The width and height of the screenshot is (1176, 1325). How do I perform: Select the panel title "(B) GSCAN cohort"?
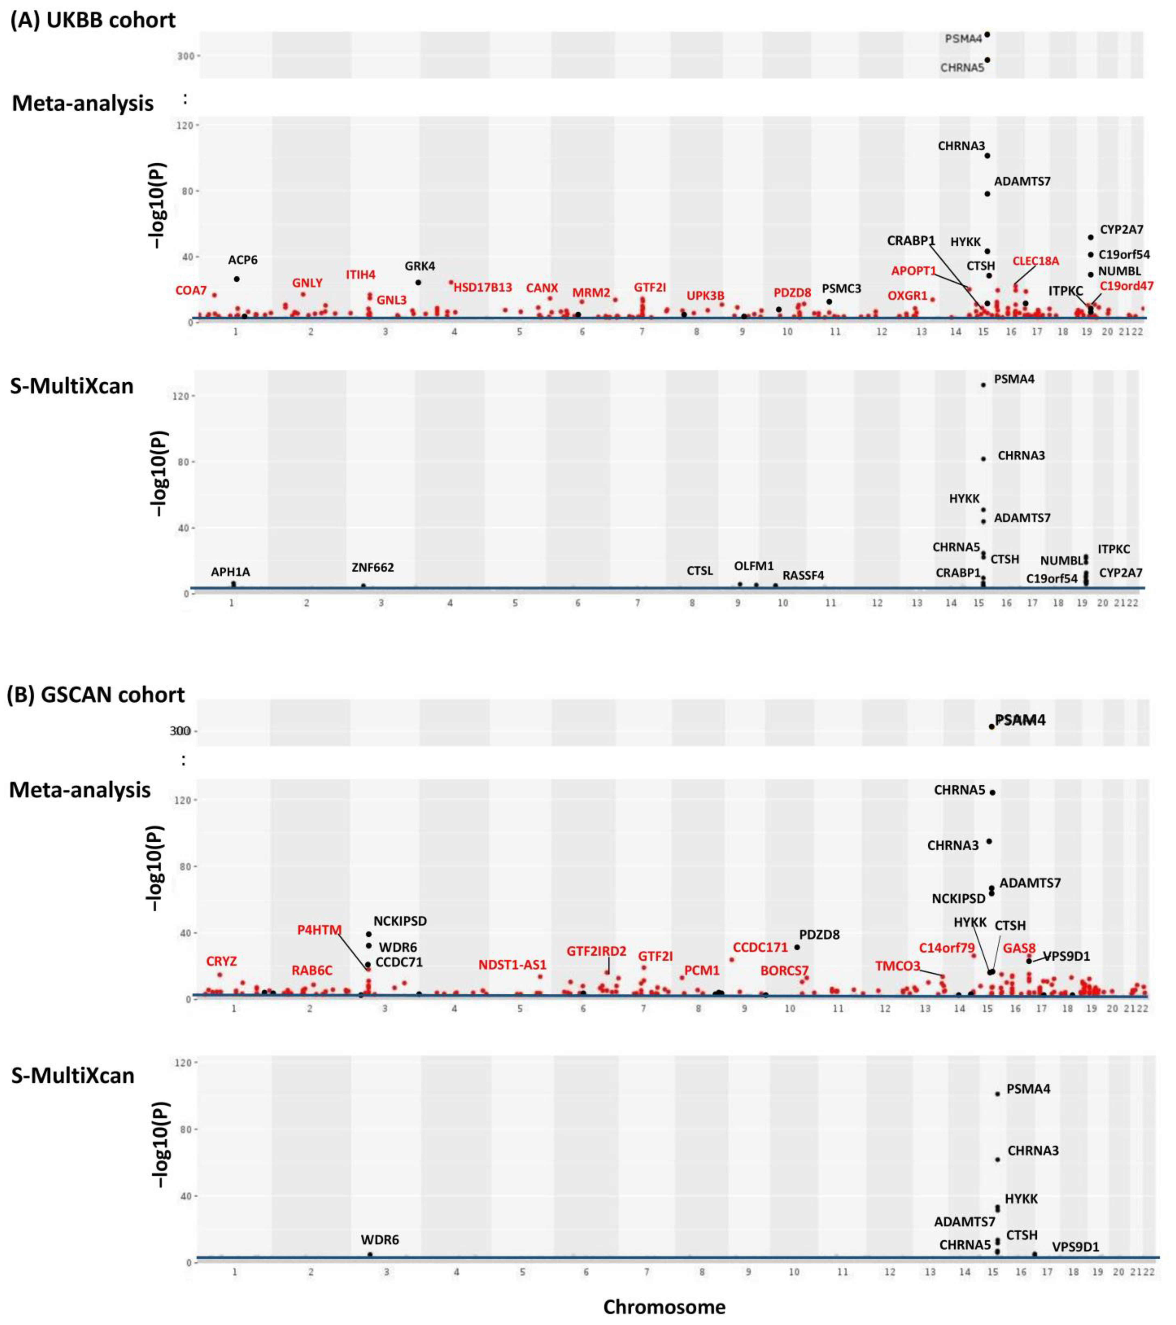coord(96,695)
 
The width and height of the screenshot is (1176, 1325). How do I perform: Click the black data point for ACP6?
coord(237,279)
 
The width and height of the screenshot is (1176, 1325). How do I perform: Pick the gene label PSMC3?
coord(842,288)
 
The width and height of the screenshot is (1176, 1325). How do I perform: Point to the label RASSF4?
coord(803,575)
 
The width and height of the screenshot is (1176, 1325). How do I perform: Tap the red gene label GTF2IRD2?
coord(597,951)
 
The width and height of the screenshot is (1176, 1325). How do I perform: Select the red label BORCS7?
coord(784,970)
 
